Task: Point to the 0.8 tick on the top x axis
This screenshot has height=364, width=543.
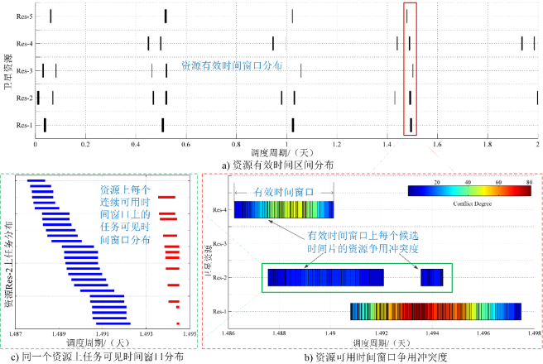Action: click(x=236, y=143)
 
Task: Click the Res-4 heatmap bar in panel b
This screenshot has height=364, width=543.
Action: click(x=284, y=210)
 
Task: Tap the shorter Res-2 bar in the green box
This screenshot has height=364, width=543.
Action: click(x=432, y=276)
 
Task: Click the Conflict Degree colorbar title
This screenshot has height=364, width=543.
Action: click(x=469, y=202)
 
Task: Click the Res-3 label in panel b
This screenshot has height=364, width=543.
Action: click(x=219, y=244)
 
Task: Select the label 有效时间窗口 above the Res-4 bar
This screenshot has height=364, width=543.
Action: click(x=284, y=191)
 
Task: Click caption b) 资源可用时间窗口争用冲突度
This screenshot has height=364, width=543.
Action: click(x=373, y=354)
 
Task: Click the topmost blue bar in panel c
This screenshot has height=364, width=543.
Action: click(x=36, y=180)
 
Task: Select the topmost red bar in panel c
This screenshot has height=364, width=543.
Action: click(x=168, y=197)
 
